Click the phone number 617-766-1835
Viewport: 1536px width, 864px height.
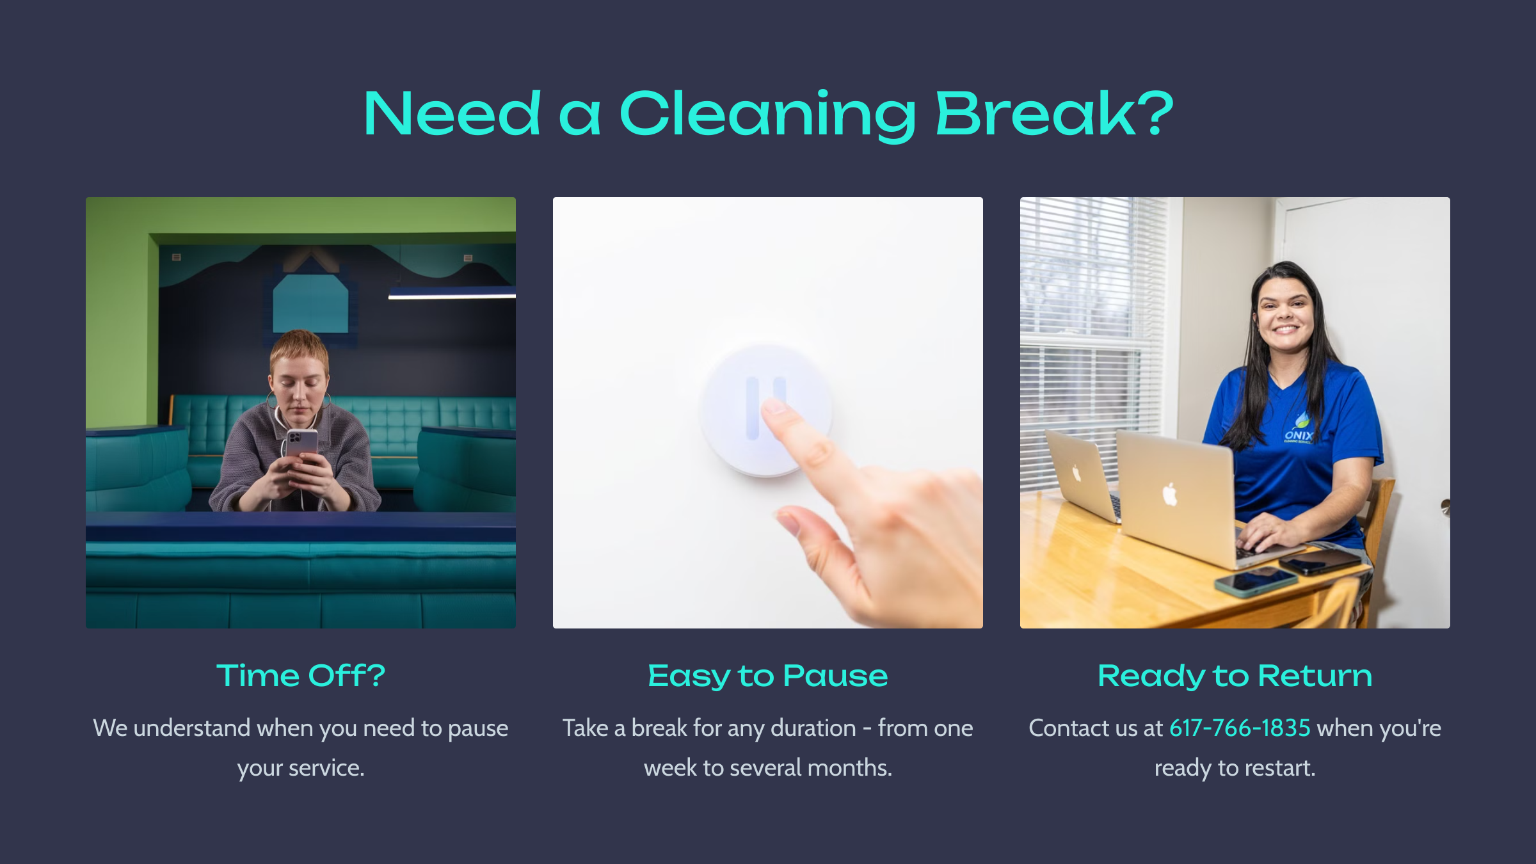tap(1240, 728)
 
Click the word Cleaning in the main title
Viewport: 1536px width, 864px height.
tap(768, 116)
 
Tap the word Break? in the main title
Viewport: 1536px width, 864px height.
tap(1054, 113)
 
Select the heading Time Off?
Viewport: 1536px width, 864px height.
tap(301, 676)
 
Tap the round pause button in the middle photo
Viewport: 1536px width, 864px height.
tap(765, 410)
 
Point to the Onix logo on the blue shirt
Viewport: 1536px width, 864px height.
tap(1299, 431)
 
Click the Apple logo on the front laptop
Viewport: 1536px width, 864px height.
tap(1170, 494)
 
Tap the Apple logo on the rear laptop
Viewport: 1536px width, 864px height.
tap(1076, 474)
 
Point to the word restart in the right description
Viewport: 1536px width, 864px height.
tap(1277, 768)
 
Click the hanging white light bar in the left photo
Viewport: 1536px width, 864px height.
tap(452, 293)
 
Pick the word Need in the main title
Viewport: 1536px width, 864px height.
tap(452, 113)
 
